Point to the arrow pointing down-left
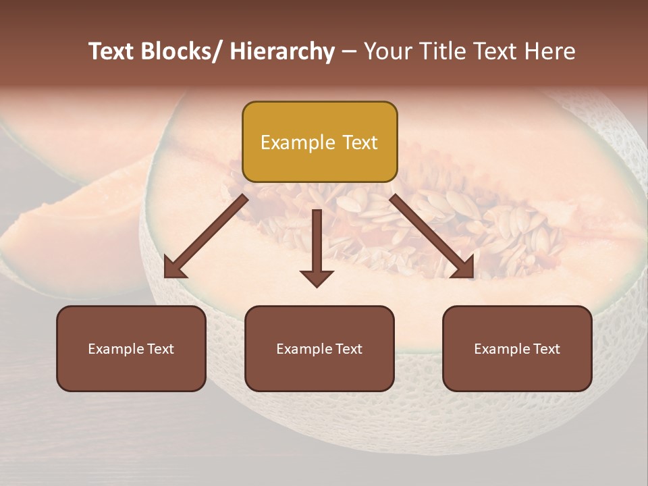206,236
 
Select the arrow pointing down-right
432,236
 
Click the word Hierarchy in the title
281,51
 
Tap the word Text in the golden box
359,142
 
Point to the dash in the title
349,51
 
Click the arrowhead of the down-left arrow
173,267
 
